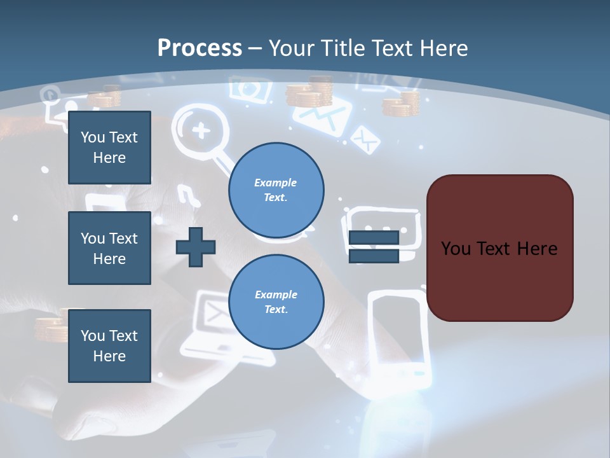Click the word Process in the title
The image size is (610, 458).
point(200,48)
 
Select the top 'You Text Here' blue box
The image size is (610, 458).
point(109,148)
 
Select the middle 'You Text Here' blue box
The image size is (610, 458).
point(109,248)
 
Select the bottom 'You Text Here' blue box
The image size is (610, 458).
point(109,346)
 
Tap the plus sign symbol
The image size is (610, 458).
point(196,247)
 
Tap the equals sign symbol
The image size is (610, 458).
point(374,247)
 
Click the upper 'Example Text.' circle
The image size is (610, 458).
point(276,190)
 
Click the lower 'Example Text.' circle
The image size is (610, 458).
point(276,302)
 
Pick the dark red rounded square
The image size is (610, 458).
point(499,248)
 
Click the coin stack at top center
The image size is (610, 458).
point(309,92)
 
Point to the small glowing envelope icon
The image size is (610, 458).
point(365,139)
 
